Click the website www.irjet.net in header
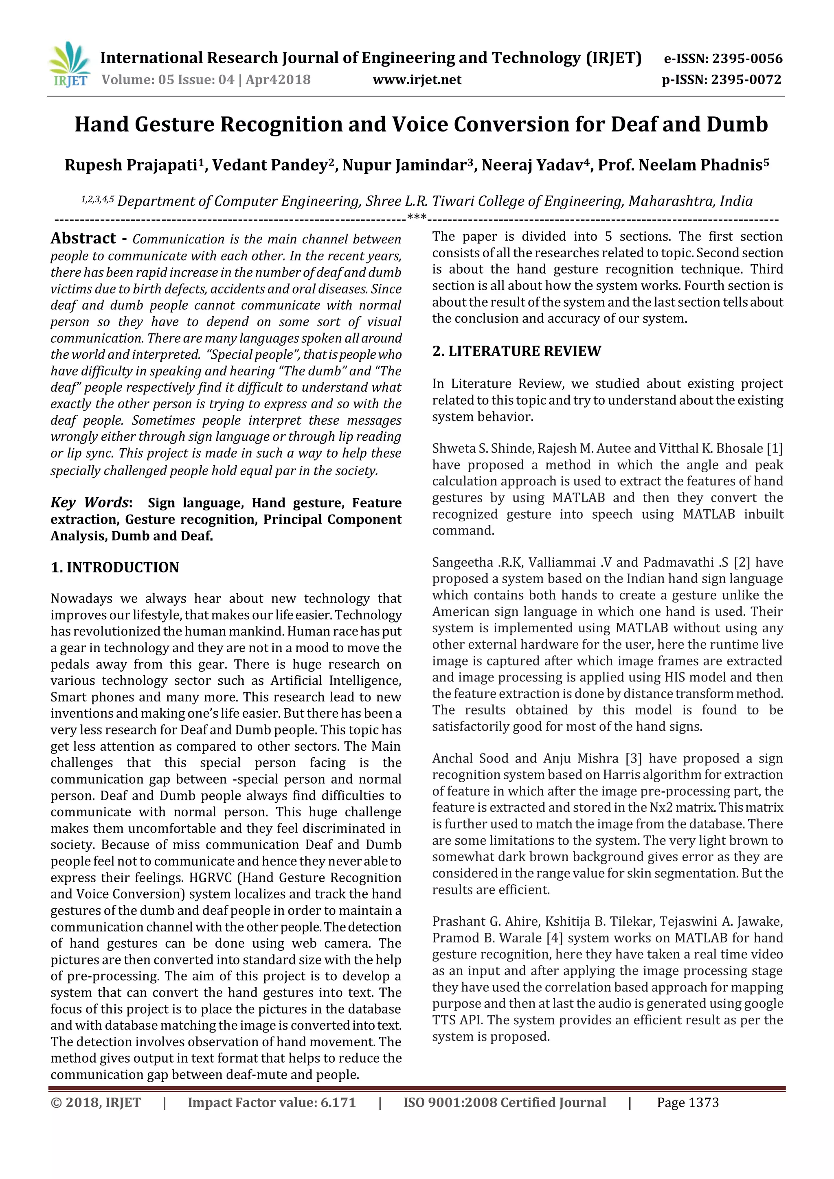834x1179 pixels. [417, 80]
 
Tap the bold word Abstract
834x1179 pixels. [83, 238]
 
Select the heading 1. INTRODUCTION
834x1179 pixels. [114, 568]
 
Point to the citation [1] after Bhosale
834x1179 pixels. [775, 448]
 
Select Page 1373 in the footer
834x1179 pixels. [688, 1102]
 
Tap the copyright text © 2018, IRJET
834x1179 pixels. [96, 1102]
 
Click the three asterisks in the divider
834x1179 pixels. [417, 217]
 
